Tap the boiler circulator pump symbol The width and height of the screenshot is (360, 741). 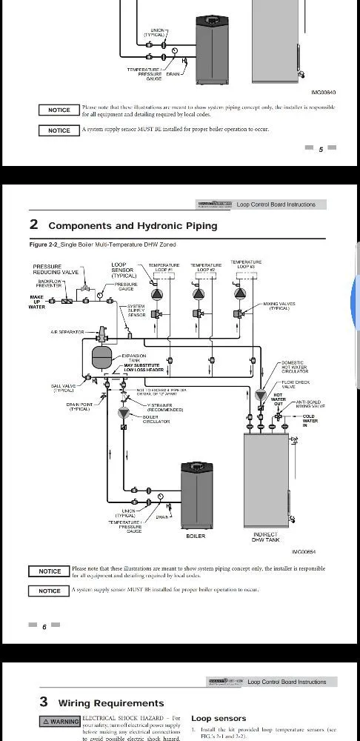click(x=124, y=413)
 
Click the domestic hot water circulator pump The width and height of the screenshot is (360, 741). click(x=261, y=395)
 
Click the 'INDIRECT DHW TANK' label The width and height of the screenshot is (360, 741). click(x=266, y=536)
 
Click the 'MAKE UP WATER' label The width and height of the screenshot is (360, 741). click(x=37, y=302)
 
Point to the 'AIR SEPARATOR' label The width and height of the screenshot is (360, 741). click(x=67, y=332)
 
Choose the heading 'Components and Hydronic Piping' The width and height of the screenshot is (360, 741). click(x=133, y=225)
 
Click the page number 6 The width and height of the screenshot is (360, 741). click(x=44, y=627)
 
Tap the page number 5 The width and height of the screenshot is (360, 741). click(x=321, y=149)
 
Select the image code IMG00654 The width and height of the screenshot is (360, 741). click(x=304, y=551)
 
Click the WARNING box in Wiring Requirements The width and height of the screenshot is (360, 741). click(x=60, y=721)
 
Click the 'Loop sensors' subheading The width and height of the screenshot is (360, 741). click(x=219, y=718)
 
